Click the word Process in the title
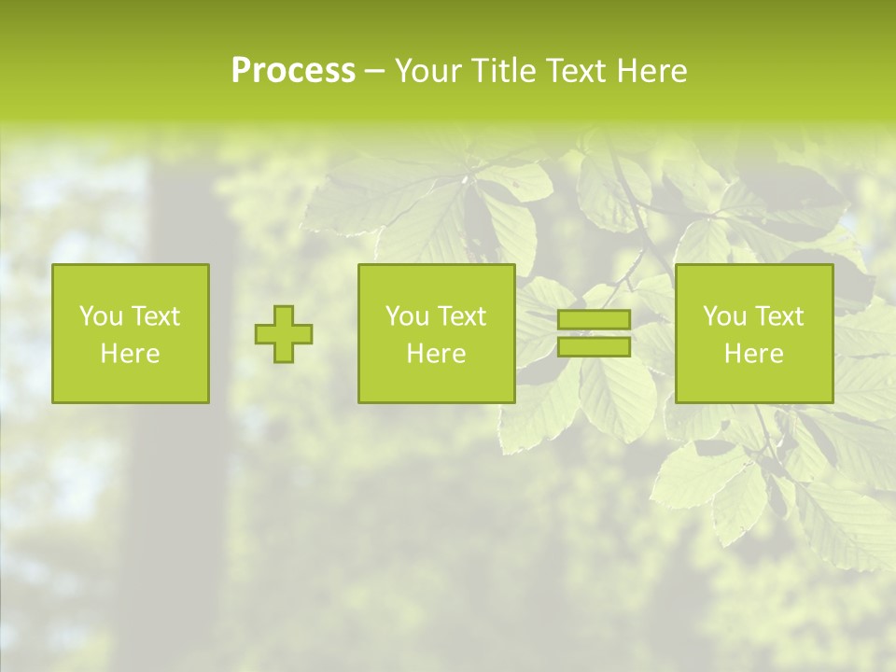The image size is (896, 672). (x=293, y=71)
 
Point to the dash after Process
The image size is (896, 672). (x=375, y=72)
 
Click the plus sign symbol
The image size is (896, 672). (x=284, y=334)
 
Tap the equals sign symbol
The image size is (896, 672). (x=594, y=333)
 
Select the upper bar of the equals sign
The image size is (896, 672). (x=594, y=319)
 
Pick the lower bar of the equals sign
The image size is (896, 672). (x=594, y=347)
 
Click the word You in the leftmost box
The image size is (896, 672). (x=100, y=316)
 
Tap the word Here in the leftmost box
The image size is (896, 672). (x=130, y=354)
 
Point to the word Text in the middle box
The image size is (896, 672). (x=462, y=316)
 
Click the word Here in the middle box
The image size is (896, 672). (x=436, y=354)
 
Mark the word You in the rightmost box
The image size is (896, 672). (x=723, y=316)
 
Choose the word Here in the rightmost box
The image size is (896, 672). (x=753, y=354)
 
